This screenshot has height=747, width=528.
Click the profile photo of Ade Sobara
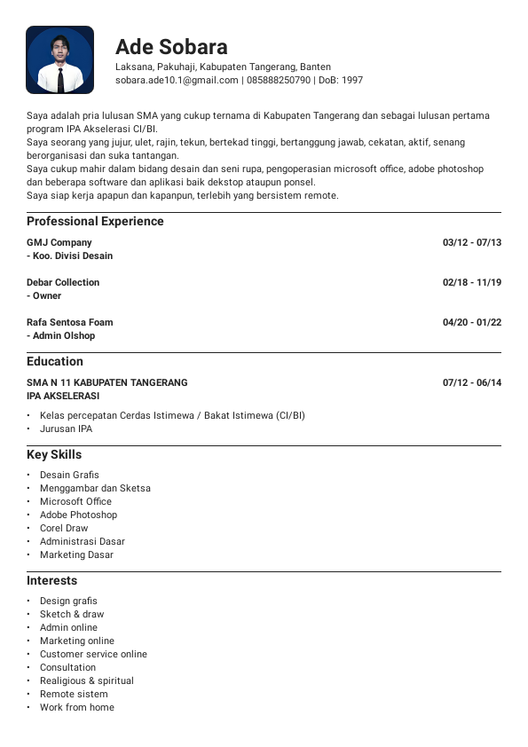coord(59,59)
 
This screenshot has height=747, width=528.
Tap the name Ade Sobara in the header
coord(171,47)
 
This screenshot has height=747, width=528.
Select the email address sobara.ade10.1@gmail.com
coord(177,80)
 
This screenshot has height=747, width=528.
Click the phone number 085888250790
coord(278,80)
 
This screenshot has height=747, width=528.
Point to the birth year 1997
coord(352,80)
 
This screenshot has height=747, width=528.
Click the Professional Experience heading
coord(95,221)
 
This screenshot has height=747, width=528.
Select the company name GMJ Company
coord(59,242)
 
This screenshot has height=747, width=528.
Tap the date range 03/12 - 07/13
coord(472,242)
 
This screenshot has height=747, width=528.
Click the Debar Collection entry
coord(63,282)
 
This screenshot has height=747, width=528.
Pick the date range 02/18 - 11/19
coord(472,282)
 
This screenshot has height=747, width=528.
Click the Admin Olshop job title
coord(63,335)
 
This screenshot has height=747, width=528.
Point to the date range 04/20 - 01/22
coord(472,322)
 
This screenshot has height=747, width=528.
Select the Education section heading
coord(55,361)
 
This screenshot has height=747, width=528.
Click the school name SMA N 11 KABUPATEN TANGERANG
coord(107,382)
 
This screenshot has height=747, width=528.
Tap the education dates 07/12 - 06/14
coord(472,382)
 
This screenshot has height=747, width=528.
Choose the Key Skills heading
coord(54,454)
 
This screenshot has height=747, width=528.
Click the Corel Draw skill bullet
coord(64,528)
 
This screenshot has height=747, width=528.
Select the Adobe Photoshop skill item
coord(78,515)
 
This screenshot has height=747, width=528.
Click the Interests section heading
coord(51,580)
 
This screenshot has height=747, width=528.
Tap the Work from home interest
coord(77,707)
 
